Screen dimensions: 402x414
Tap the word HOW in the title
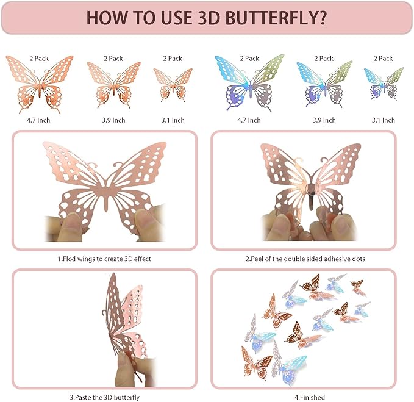coord(109,17)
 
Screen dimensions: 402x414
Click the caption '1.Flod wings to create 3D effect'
coord(104,259)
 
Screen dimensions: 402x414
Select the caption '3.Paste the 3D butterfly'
coord(104,397)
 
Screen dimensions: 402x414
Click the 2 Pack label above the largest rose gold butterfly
coord(40,59)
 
